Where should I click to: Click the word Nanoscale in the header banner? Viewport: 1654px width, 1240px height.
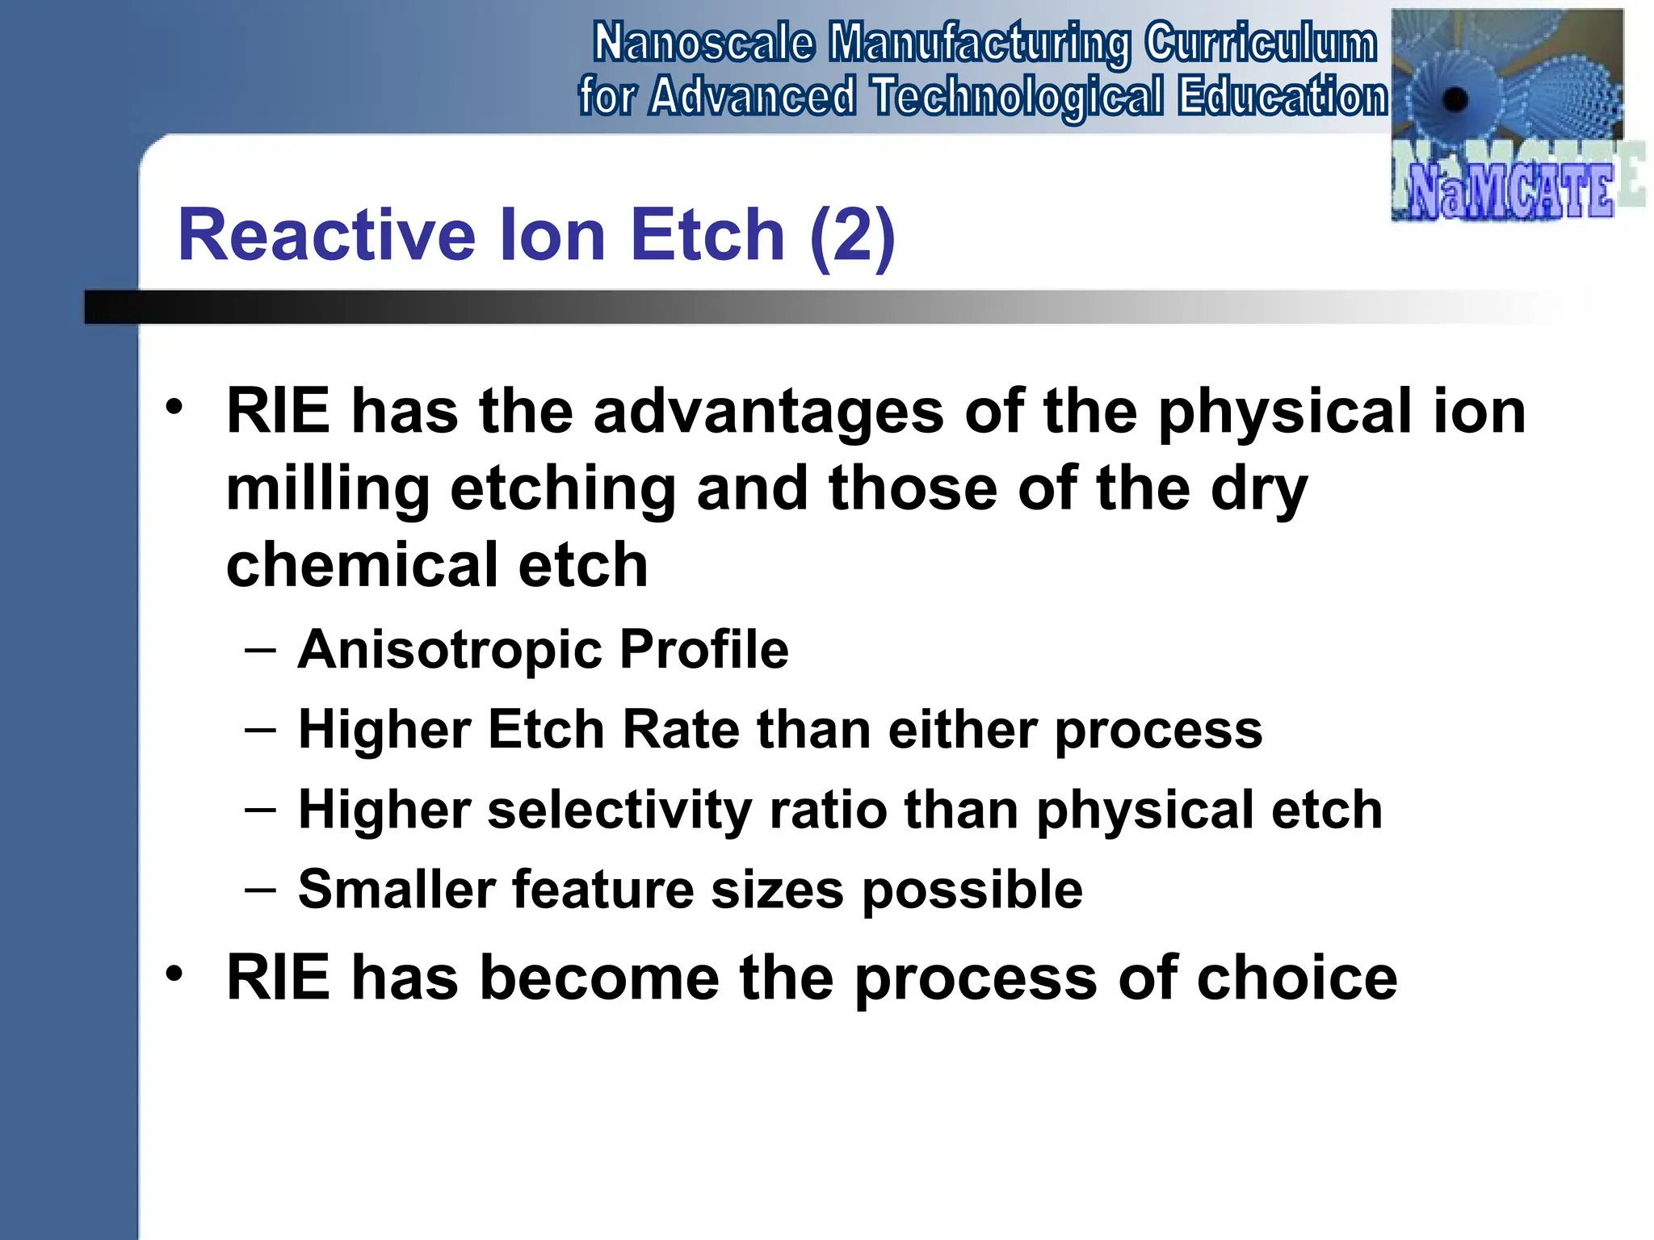click(703, 44)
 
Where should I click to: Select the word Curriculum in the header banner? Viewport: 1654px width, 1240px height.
click(1261, 44)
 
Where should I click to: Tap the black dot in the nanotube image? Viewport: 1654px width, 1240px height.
click(1455, 100)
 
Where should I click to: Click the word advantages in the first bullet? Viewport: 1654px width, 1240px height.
click(768, 411)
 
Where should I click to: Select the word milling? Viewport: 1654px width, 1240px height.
click(327, 489)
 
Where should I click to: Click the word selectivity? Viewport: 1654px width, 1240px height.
click(619, 810)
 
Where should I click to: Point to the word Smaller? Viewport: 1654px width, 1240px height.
click(396, 890)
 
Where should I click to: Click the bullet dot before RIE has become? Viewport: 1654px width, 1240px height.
click(174, 973)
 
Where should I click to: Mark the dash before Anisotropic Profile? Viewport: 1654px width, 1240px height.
click(260, 650)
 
